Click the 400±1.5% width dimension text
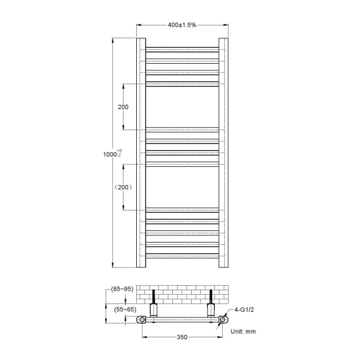tap(182, 25)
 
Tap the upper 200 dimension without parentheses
tap(124, 107)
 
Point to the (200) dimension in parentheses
tap(123, 187)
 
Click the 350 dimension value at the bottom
tap(182, 336)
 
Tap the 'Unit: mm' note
tap(243, 331)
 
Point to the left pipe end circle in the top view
tap(143, 320)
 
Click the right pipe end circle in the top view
tap(223, 320)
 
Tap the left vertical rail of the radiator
tap(141, 152)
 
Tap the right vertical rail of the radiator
tap(223, 152)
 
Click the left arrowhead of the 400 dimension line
tap(139, 25)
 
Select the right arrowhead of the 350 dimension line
tap(220, 336)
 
